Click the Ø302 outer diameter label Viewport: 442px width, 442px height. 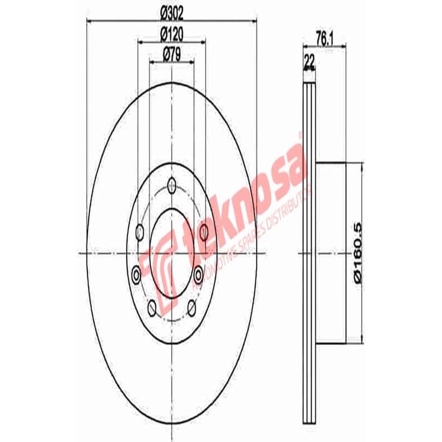pyautogui.click(x=172, y=12)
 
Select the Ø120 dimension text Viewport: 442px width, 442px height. pyautogui.click(x=172, y=33)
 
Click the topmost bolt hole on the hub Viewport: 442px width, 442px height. pyautogui.click(x=172, y=185)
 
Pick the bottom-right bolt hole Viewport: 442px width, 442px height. pyautogui.click(x=192, y=307)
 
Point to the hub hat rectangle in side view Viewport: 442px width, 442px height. pyautogui.click(x=330, y=251)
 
